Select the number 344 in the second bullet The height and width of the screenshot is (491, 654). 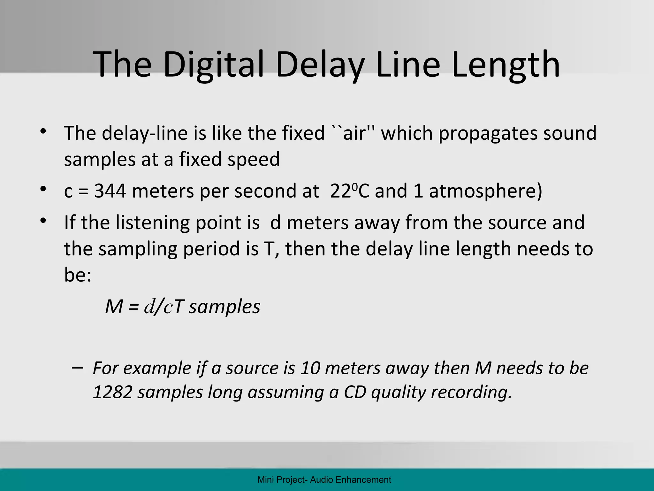point(110,191)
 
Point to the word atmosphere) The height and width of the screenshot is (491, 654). point(485,191)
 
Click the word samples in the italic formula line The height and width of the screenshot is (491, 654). point(224,307)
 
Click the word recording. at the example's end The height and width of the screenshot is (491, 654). point(471,393)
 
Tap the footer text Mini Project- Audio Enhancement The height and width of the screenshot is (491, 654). point(324,479)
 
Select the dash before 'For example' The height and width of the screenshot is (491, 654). point(78,368)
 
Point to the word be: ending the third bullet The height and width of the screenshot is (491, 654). point(78,275)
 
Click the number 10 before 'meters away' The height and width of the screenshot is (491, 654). point(310,368)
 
